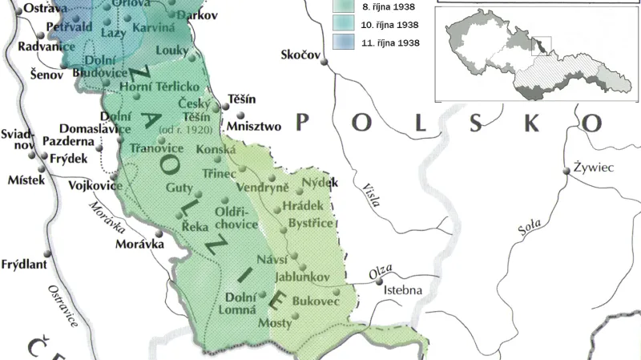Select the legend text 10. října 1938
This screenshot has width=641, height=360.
[389, 25]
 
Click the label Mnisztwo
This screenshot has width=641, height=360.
[254, 126]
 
